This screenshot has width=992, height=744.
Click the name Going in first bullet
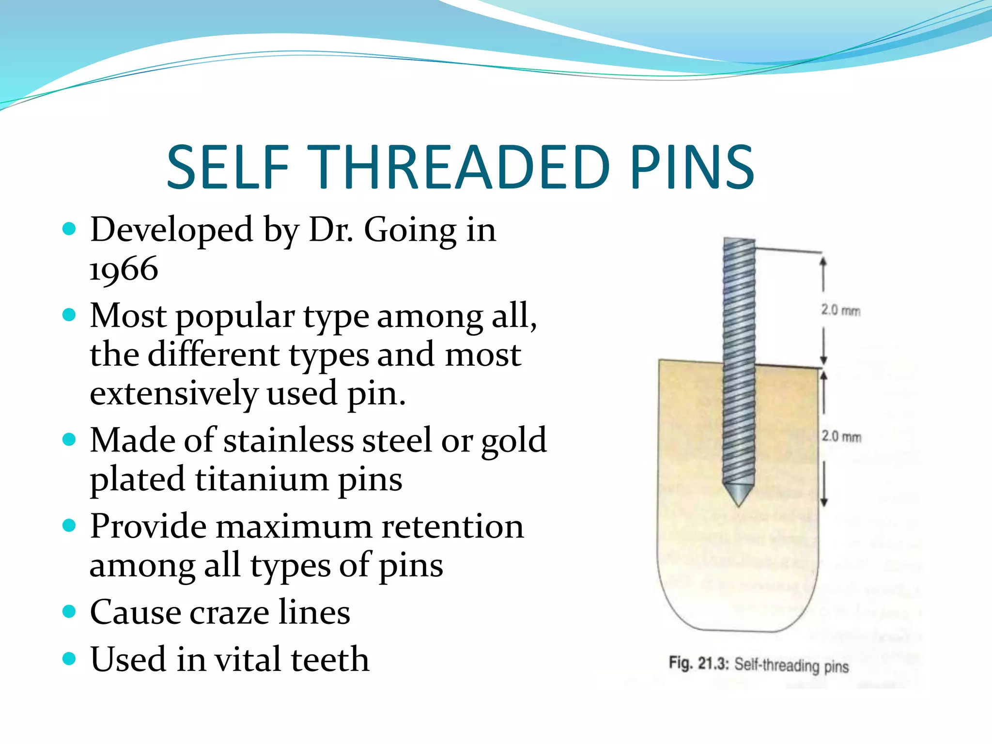(x=410, y=230)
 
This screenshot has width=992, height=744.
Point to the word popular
(x=235, y=317)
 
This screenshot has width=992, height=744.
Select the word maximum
(x=294, y=527)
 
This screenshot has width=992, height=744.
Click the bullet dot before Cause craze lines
(x=70, y=611)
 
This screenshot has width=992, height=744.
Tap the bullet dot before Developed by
(x=70, y=229)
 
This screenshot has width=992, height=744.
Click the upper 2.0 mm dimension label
(x=840, y=310)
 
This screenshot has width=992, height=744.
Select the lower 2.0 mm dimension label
(x=841, y=436)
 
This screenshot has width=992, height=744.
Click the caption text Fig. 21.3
(x=698, y=663)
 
